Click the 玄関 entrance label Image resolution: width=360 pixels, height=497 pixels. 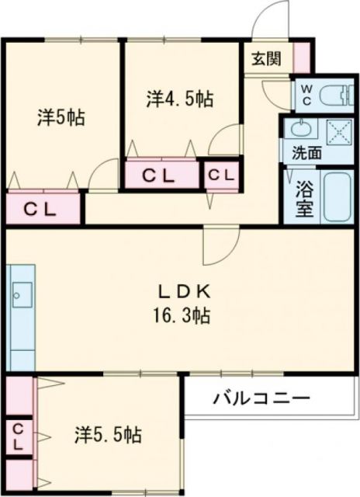point(266,57)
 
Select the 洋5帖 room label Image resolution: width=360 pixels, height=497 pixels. point(61,117)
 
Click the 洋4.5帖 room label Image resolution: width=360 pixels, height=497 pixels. point(180,99)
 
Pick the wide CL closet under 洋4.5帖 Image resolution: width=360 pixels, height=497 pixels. point(163,176)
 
